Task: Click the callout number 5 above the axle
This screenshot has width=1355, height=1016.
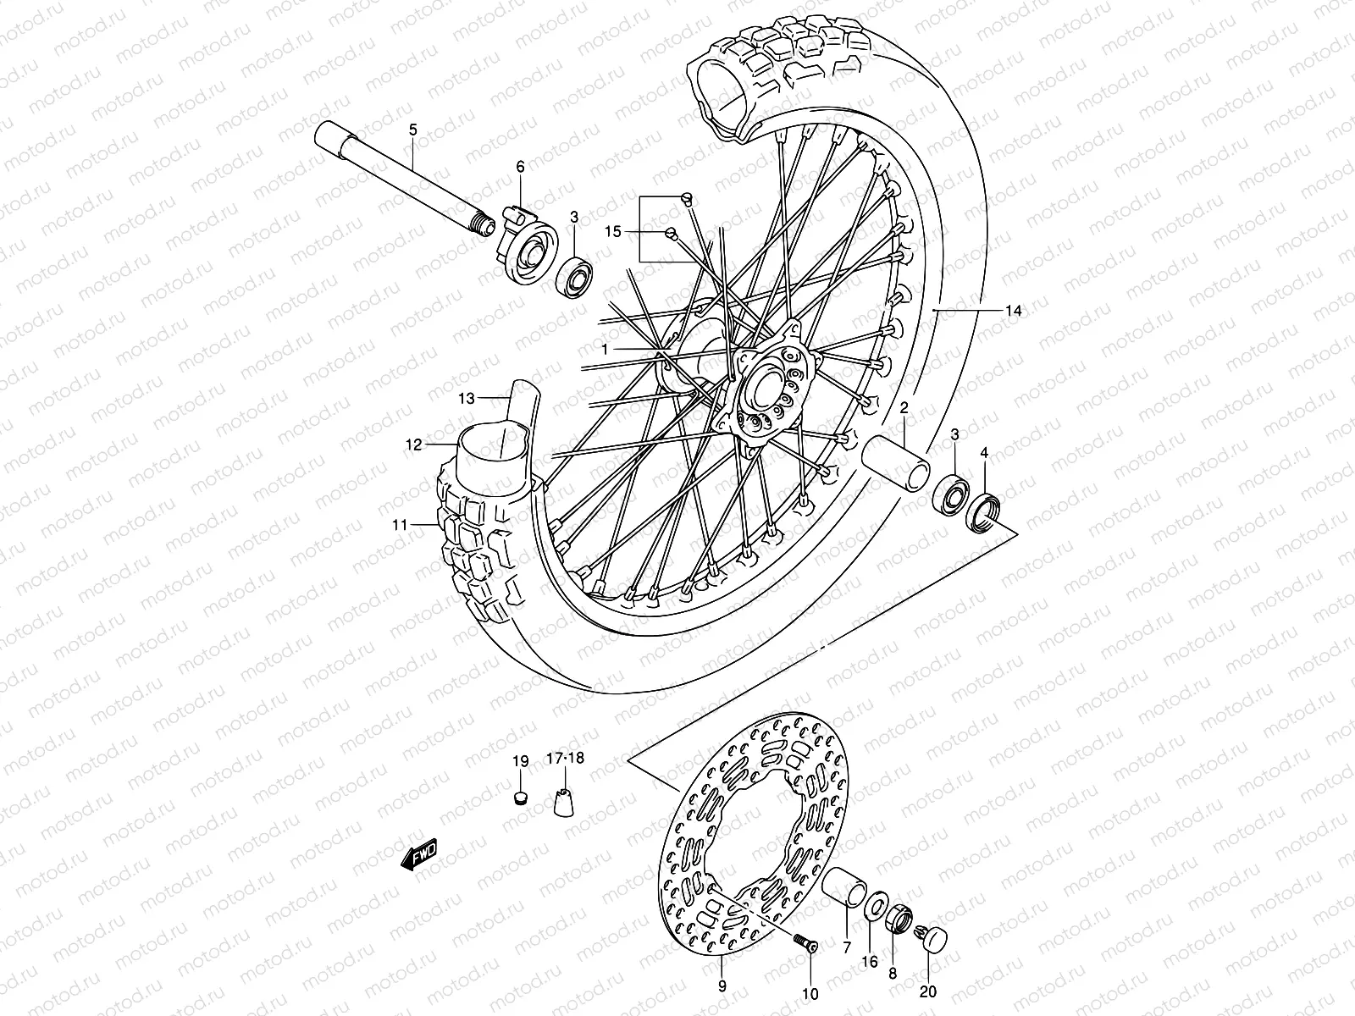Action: click(413, 130)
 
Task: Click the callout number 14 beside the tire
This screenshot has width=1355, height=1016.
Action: click(1014, 312)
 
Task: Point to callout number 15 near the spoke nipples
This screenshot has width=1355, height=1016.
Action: click(613, 231)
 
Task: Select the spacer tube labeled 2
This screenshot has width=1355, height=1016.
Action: click(895, 465)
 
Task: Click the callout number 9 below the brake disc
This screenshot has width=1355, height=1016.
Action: click(722, 986)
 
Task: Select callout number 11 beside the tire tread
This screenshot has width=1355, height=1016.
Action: click(401, 525)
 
